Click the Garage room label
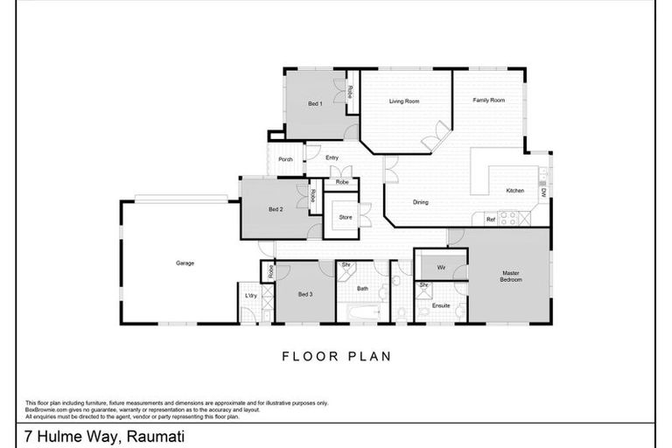pyautogui.click(x=185, y=262)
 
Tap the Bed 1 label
pyautogui.click(x=315, y=104)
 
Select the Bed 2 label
pyautogui.click(x=276, y=210)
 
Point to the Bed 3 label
pyautogui.click(x=304, y=294)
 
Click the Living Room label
pyautogui.click(x=404, y=101)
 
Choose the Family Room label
pyautogui.click(x=489, y=101)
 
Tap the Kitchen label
pyautogui.click(x=514, y=191)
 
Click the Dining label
pyautogui.click(x=421, y=203)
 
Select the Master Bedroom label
pyautogui.click(x=511, y=276)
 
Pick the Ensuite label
pyautogui.click(x=441, y=305)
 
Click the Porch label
pyautogui.click(x=285, y=159)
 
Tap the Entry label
pyautogui.click(x=332, y=157)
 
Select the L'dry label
pyautogui.click(x=249, y=295)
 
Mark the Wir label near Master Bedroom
pyautogui.click(x=442, y=266)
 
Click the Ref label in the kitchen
pyautogui.click(x=490, y=219)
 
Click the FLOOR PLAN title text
pyautogui.click(x=336, y=356)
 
